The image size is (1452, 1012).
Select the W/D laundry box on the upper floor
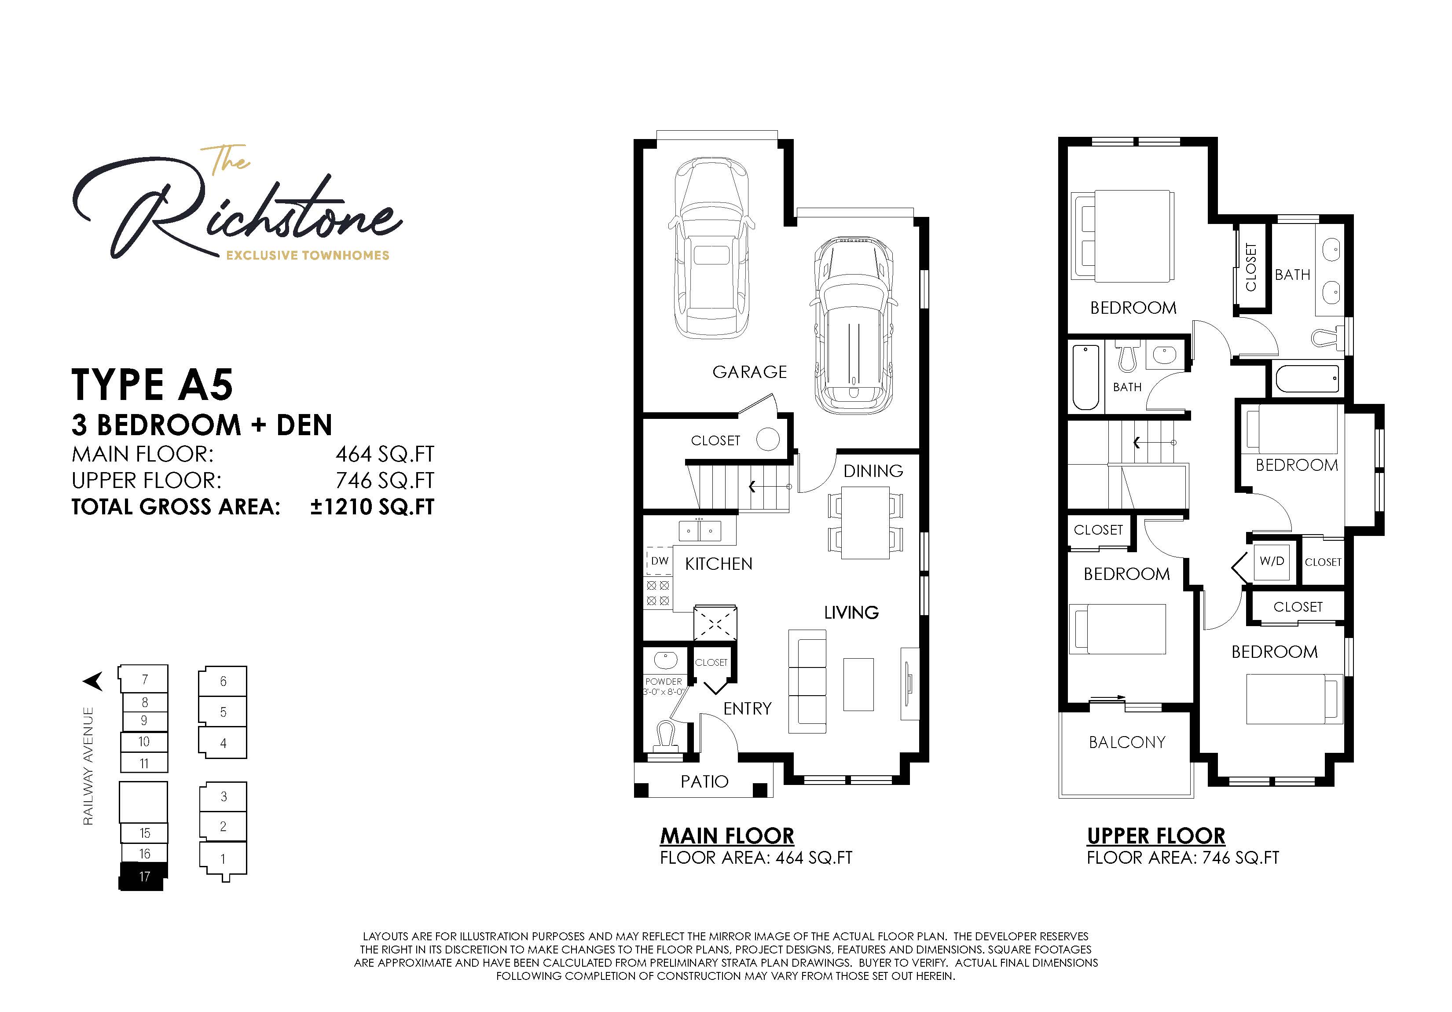coord(1272,561)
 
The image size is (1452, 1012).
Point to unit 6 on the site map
coord(223,681)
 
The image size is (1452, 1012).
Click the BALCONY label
coord(1127,742)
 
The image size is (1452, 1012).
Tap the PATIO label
coord(704,782)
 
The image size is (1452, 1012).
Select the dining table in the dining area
coord(865,522)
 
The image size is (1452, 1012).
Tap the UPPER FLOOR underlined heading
coord(1156,836)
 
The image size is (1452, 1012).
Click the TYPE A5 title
coord(152,385)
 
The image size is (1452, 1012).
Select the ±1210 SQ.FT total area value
coord(372,506)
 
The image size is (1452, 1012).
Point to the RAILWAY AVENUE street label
coord(88,766)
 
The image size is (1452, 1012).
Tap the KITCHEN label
coord(719,564)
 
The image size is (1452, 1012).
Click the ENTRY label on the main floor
coord(748,708)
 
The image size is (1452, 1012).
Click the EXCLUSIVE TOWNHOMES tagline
coord(308,256)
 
